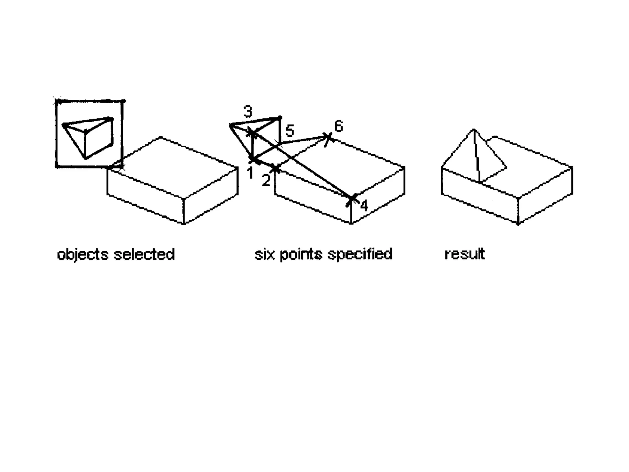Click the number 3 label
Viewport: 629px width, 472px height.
248,112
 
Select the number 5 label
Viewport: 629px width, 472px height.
290,131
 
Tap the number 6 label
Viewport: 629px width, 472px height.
338,127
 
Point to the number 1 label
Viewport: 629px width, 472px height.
250,173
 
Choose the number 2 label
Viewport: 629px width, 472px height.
266,180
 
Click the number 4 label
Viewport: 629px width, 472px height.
364,206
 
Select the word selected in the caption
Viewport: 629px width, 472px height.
144,254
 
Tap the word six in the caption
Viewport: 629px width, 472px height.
264,254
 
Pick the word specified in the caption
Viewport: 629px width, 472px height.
360,254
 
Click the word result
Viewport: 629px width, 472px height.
465,254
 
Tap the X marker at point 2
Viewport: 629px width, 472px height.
275,168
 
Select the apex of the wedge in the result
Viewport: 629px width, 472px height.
474,130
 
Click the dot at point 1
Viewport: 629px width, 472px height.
252,160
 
